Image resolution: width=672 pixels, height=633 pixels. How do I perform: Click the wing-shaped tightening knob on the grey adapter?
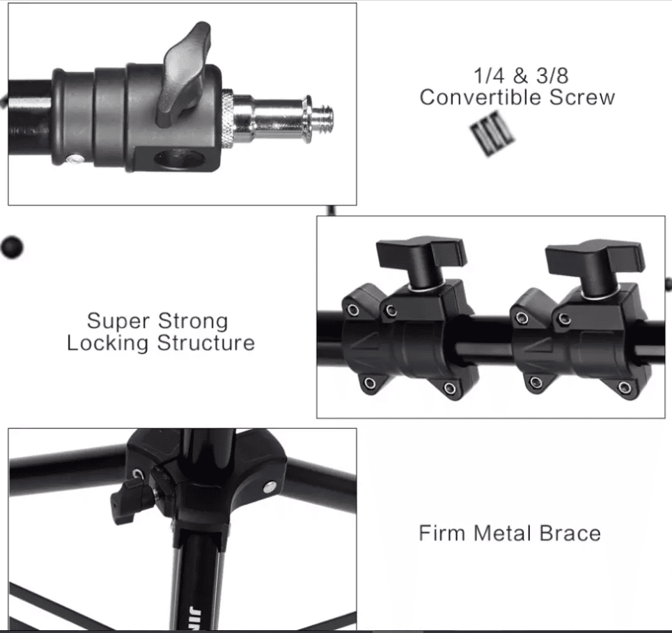click(x=185, y=75)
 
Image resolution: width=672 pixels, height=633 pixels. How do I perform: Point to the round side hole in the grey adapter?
click(x=179, y=159)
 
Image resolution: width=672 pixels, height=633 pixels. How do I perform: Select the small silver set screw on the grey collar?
click(x=75, y=159)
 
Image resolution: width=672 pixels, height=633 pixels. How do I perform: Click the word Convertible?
click(x=481, y=97)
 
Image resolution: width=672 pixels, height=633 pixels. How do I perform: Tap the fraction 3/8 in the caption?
click(x=552, y=76)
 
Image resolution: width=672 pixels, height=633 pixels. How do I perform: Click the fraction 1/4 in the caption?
click(x=489, y=76)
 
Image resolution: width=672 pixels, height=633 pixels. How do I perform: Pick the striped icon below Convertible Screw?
click(x=493, y=133)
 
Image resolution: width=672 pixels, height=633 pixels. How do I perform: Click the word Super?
click(x=118, y=321)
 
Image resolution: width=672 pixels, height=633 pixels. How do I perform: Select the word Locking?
click(x=107, y=343)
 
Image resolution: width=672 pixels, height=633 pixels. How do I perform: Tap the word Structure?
click(x=205, y=343)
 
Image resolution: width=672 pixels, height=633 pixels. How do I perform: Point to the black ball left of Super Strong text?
click(x=12, y=247)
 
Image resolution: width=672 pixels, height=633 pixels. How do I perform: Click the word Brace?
click(x=570, y=533)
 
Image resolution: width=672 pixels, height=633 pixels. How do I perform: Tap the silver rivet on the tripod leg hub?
click(x=270, y=487)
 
